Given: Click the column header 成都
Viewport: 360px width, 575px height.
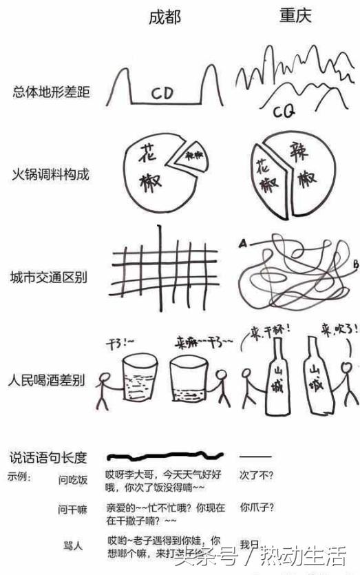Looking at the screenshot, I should tap(165, 19).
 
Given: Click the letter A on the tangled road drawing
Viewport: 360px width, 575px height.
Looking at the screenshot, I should tap(242, 242).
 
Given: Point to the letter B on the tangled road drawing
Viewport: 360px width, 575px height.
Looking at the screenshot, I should tap(354, 263).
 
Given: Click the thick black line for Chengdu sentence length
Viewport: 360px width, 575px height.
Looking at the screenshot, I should tap(165, 456).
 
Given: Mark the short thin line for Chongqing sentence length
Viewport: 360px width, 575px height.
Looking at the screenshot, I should tap(255, 456).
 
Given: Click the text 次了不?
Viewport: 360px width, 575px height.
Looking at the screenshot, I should tap(256, 474).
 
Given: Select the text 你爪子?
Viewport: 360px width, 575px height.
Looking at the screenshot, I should tap(257, 508).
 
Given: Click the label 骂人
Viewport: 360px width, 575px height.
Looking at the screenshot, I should tap(72, 545).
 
